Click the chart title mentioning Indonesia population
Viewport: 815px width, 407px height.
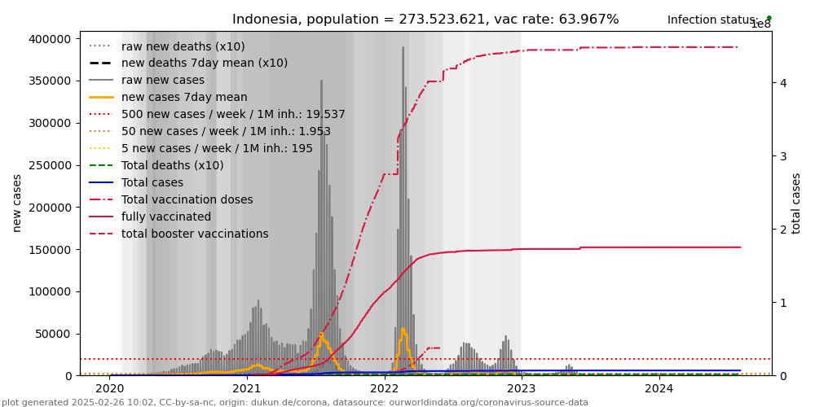click(425, 20)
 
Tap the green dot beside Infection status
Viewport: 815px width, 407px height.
click(769, 18)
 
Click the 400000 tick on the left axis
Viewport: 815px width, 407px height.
click(48, 38)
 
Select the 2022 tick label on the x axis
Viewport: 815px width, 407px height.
click(384, 388)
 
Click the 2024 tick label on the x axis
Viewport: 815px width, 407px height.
click(659, 388)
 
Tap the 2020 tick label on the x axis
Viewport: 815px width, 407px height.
click(109, 388)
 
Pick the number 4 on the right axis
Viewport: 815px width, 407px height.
click(782, 83)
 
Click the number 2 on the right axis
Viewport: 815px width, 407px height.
click(782, 230)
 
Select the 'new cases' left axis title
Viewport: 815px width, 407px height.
click(17, 203)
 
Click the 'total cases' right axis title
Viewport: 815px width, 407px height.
click(796, 203)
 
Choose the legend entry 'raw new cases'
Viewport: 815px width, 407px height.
click(163, 81)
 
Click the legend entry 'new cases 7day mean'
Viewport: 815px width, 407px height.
click(184, 98)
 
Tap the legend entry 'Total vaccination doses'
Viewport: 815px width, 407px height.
click(187, 200)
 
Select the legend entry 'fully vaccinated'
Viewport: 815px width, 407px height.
click(166, 217)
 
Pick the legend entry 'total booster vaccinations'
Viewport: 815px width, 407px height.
click(195, 234)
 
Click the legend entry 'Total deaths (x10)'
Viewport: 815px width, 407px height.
click(172, 166)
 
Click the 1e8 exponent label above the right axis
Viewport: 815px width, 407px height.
click(760, 24)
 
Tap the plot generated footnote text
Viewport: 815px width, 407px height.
click(295, 402)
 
